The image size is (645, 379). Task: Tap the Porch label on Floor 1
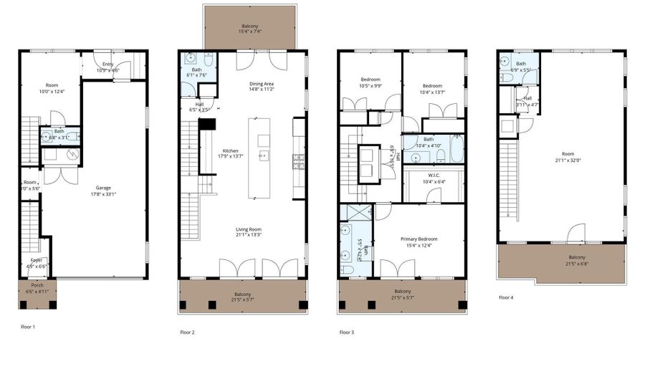[x=37, y=287]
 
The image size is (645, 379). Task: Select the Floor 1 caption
[x=28, y=327]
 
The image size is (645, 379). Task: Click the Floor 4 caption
[x=506, y=297]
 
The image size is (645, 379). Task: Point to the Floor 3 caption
[x=347, y=332]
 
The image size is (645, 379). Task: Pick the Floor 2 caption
[x=187, y=332]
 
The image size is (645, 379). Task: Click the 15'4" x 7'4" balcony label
[x=249, y=26]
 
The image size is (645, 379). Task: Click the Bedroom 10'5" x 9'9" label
[x=370, y=82]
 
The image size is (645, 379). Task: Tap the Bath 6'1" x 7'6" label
[x=196, y=72]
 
